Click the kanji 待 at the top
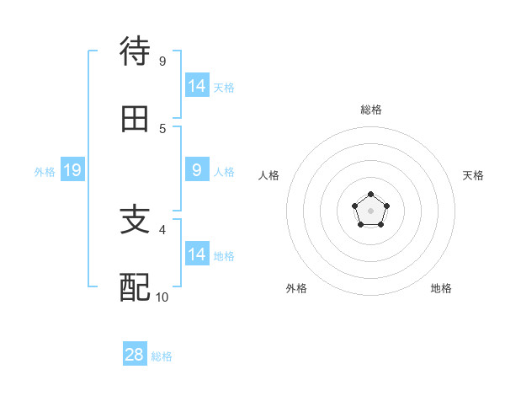pos(136,51)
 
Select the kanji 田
pos(136,119)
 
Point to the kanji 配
pos(136,287)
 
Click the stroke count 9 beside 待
pos(162,61)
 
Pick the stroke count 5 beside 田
pos(162,128)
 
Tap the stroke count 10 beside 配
pos(162,297)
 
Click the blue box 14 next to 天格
pos(197,85)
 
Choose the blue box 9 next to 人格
pos(197,170)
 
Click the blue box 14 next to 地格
pos(197,254)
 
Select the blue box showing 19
pos(72,171)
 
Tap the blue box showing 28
pos(135,355)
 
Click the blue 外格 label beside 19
pos(45,172)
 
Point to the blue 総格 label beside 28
pos(162,356)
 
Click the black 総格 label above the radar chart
pos(370,110)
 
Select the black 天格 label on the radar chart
pos(473,175)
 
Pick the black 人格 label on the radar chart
pos(268,175)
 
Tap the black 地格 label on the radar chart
pos(441,288)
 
